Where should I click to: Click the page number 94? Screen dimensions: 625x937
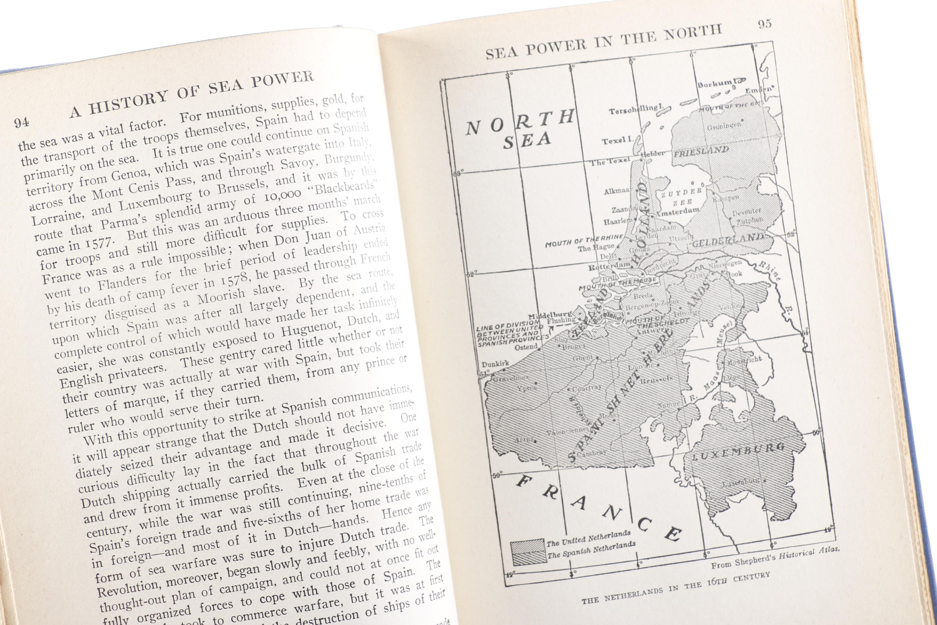pyautogui.click(x=22, y=122)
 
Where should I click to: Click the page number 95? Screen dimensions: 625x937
pyautogui.click(x=764, y=24)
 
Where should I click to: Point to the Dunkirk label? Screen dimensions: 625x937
pyautogui.click(x=495, y=364)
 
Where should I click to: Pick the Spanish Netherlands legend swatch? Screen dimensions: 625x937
pyautogui.click(x=529, y=558)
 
